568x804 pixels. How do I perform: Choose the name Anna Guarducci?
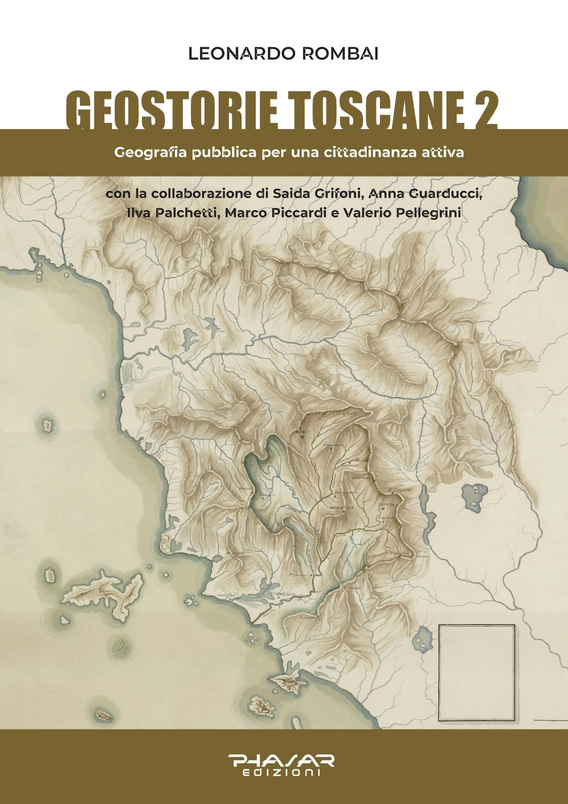click(426, 193)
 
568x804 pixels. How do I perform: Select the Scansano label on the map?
click(308, 617)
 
